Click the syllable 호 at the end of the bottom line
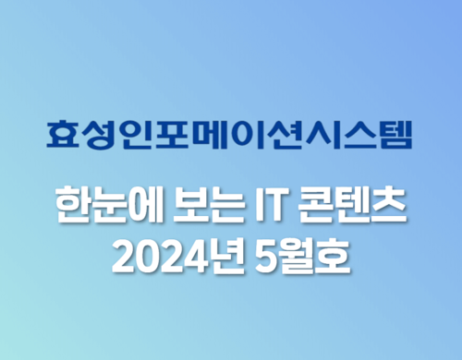(x=332, y=256)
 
